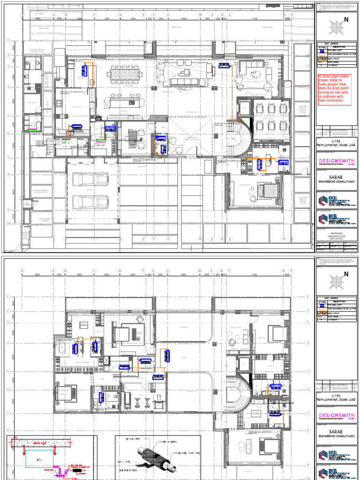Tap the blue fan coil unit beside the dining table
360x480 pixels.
point(85,70)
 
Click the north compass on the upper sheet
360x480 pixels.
point(336,28)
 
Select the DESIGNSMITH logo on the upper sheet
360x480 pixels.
point(337,161)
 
